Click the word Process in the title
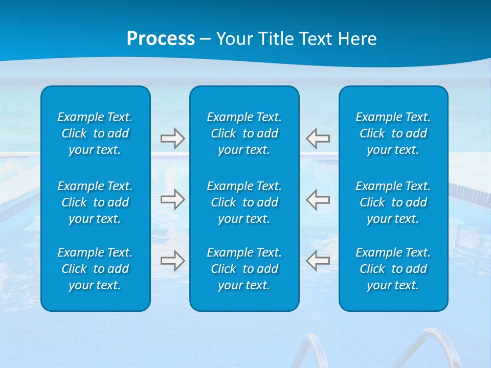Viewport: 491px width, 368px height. click(161, 39)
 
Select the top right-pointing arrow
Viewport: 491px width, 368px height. click(172, 139)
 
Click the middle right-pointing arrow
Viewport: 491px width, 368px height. click(172, 199)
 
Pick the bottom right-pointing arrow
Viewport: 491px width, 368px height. click(172, 261)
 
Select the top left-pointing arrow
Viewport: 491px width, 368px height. click(318, 139)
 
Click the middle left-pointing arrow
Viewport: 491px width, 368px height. click(318, 199)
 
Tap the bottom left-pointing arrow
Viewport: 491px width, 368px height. click(318, 261)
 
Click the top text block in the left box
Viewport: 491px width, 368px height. click(95, 133)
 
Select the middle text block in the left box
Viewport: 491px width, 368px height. click(95, 202)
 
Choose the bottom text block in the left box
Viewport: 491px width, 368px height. click(95, 269)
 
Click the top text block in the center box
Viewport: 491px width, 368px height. click(244, 133)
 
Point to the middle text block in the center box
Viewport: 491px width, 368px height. click(244, 202)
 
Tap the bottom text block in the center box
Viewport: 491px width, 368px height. click(244, 269)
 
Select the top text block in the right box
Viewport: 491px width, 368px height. click(393, 133)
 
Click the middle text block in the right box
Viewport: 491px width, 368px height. click(393, 202)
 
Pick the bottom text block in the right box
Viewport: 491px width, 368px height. click(393, 269)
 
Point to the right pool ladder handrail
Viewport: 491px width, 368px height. click(427, 345)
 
